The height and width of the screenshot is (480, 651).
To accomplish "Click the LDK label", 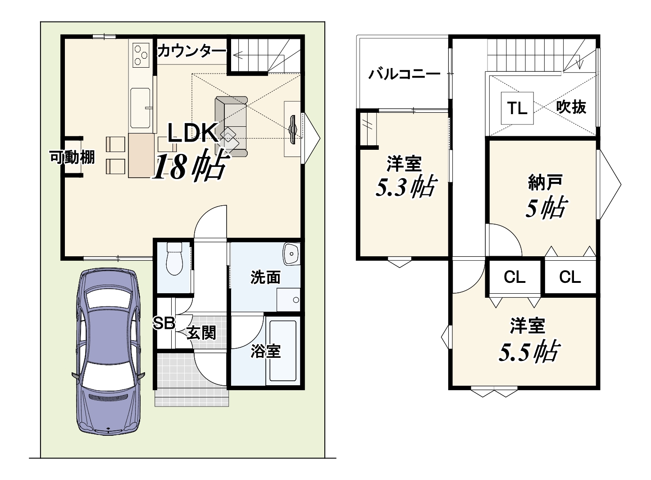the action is (193, 133).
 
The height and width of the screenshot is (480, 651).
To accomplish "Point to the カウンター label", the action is (192, 51).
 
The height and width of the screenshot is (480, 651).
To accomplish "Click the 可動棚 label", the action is (72, 157).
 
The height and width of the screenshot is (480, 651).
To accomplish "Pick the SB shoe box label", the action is (164, 323).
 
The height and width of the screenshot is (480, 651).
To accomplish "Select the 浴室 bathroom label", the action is (265, 351).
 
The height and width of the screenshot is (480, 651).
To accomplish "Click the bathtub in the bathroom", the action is (283, 351).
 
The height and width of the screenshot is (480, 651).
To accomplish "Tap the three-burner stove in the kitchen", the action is (141, 54).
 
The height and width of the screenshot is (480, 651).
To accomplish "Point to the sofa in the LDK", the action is (231, 127).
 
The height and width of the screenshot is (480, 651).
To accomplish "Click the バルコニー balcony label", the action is (404, 74).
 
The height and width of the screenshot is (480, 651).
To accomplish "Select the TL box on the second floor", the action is (517, 108).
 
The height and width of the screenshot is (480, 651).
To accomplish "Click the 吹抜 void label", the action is (571, 107).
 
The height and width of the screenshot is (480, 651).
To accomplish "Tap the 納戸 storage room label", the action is (545, 182).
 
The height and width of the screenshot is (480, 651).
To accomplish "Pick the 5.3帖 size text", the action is (406, 188).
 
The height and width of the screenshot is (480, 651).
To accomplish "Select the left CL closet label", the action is (514, 277).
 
